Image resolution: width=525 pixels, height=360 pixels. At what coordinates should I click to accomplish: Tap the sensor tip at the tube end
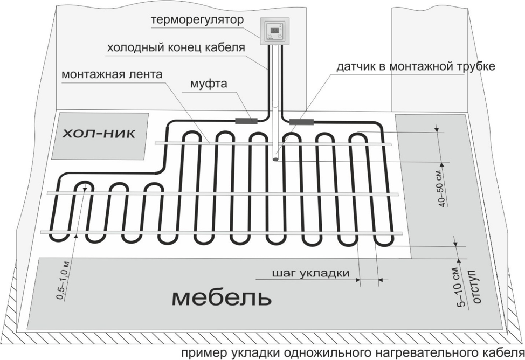275,159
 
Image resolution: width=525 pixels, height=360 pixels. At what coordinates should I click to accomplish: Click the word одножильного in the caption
320,353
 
